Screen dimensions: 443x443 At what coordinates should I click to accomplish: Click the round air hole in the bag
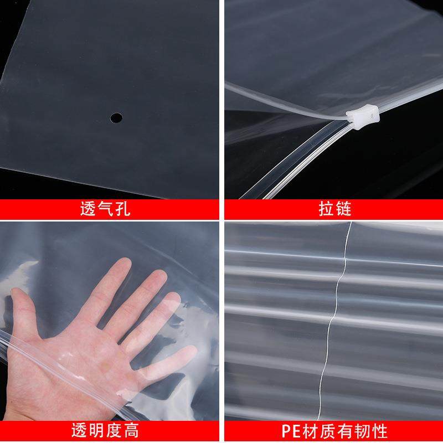point(116,117)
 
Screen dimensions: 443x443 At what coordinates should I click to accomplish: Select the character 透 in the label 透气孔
point(90,209)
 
